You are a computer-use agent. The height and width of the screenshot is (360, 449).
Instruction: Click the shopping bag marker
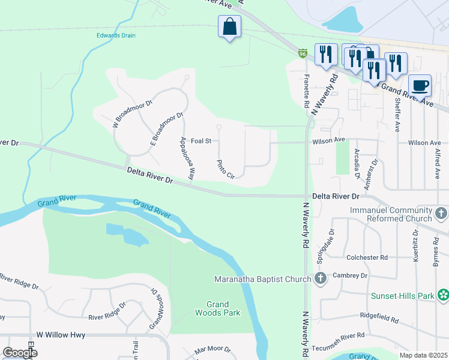click(x=229, y=27)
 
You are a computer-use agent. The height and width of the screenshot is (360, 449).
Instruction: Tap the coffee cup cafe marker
click(x=420, y=85)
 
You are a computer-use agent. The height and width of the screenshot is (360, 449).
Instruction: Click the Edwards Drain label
click(x=116, y=35)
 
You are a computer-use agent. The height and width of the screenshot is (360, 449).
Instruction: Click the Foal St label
click(x=201, y=141)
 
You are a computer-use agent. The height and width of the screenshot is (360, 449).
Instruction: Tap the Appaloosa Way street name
click(x=187, y=158)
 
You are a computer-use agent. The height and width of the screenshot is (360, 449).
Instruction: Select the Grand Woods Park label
click(x=218, y=308)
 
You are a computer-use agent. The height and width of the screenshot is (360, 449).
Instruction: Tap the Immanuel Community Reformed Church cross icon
click(x=441, y=213)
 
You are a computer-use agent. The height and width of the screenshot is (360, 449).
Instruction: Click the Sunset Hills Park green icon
click(x=443, y=295)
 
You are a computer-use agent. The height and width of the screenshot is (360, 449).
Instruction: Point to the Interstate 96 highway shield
click(x=303, y=54)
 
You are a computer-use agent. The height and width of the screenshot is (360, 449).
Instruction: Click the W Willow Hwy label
click(x=61, y=335)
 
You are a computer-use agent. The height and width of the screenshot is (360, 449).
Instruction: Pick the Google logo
click(x=20, y=353)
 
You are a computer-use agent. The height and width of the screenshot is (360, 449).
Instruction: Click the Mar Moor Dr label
click(x=212, y=349)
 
